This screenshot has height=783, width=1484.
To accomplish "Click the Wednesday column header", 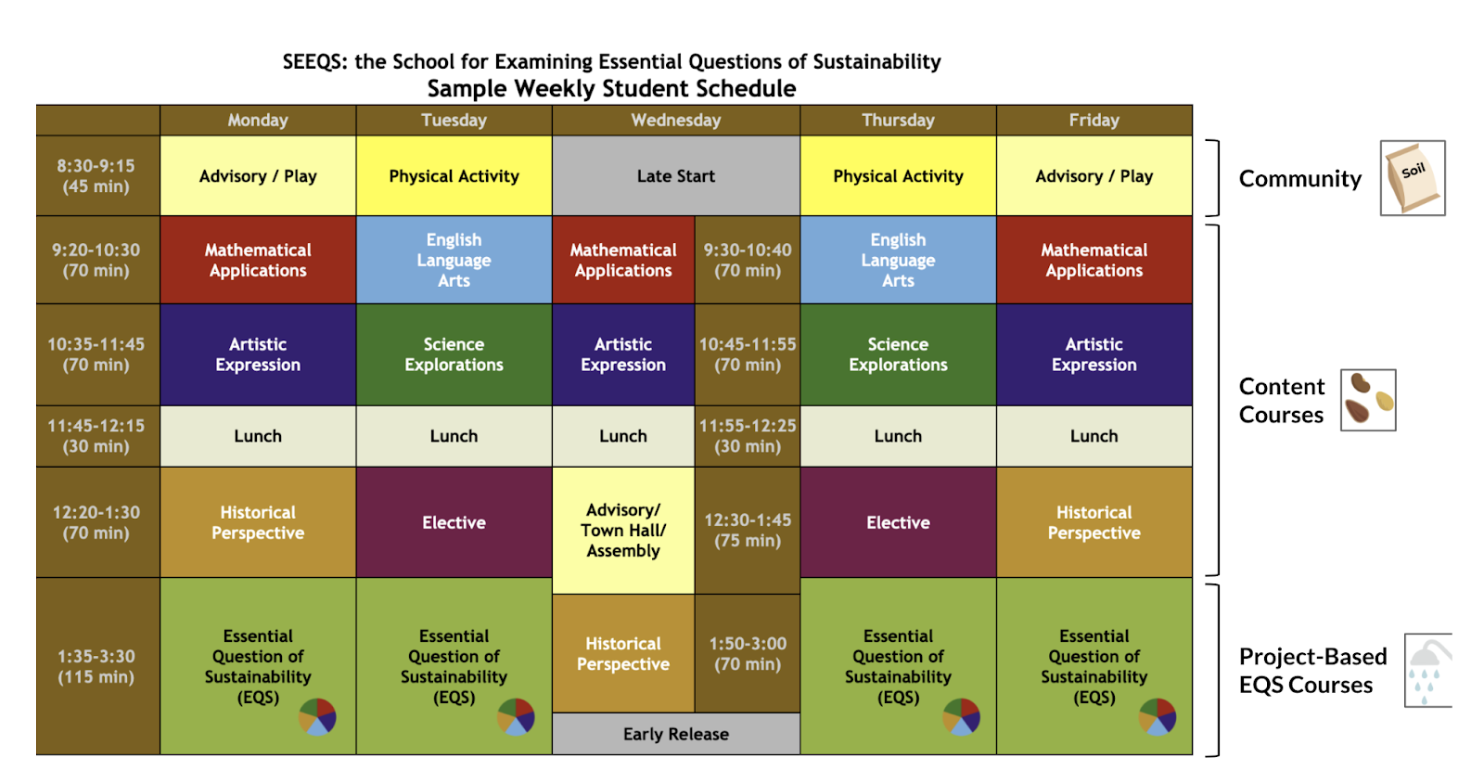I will [x=675, y=121].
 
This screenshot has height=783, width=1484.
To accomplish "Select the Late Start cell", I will [x=675, y=176].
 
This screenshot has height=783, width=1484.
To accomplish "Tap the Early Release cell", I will [x=675, y=734].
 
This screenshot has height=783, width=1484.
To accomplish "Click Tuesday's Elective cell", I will [x=454, y=522].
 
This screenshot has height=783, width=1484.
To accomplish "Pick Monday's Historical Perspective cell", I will [x=258, y=522].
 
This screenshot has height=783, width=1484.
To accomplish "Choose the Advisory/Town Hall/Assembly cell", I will [x=622, y=530].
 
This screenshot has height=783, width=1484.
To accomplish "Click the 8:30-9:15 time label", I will [x=96, y=176].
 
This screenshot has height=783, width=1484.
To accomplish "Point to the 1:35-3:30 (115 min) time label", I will [x=96, y=666].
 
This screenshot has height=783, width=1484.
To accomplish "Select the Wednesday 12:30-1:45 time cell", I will [x=748, y=530].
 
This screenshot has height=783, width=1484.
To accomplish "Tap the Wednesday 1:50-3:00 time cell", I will [x=748, y=653].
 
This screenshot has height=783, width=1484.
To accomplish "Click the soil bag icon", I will [x=1412, y=178].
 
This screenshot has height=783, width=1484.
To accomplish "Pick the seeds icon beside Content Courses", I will [x=1368, y=400].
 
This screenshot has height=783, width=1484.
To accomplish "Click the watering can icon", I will [x=1428, y=670].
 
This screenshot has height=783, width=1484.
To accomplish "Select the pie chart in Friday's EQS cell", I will [x=1158, y=717].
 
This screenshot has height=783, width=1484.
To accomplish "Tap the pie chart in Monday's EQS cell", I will [x=317, y=717].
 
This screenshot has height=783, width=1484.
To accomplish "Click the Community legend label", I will [x=1299, y=179].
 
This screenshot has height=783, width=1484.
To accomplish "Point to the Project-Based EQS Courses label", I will [x=1311, y=671].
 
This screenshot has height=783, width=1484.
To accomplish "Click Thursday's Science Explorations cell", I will [x=898, y=354].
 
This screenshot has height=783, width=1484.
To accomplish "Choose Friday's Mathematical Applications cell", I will [x=1094, y=260].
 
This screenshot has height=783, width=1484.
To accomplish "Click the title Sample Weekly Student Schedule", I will [x=611, y=89].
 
